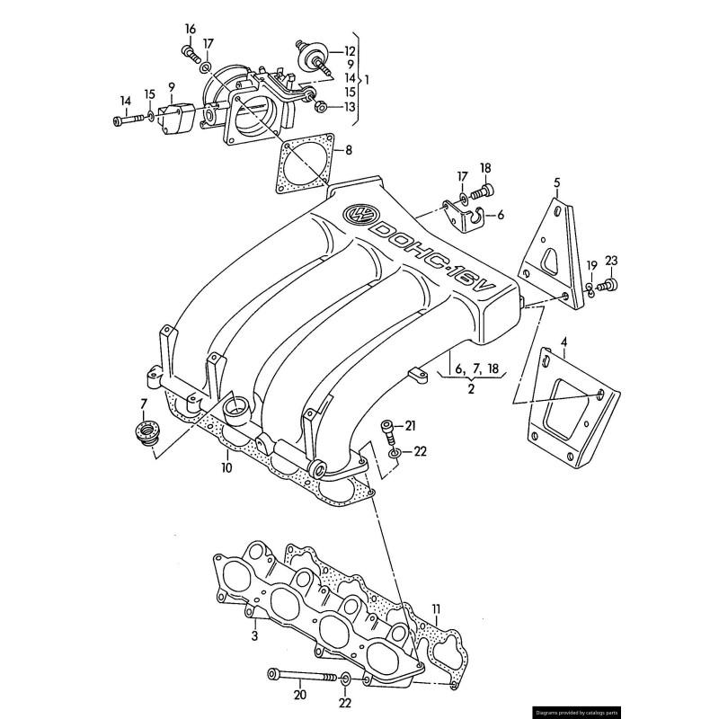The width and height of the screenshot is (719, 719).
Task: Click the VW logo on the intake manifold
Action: click(362, 213)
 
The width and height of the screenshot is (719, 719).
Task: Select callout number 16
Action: click(190, 28)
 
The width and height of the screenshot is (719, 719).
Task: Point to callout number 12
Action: click(350, 51)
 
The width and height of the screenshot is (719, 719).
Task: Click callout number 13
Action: click(350, 108)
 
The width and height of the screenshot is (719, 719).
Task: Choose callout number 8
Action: click(349, 150)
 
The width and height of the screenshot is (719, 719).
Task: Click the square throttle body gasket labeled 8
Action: click(306, 164)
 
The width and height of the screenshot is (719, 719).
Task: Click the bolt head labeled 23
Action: click(611, 286)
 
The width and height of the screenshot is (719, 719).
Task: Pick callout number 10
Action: click(226, 467)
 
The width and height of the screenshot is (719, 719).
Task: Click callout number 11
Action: click(437, 608)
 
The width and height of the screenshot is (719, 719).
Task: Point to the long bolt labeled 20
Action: click(301, 674)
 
